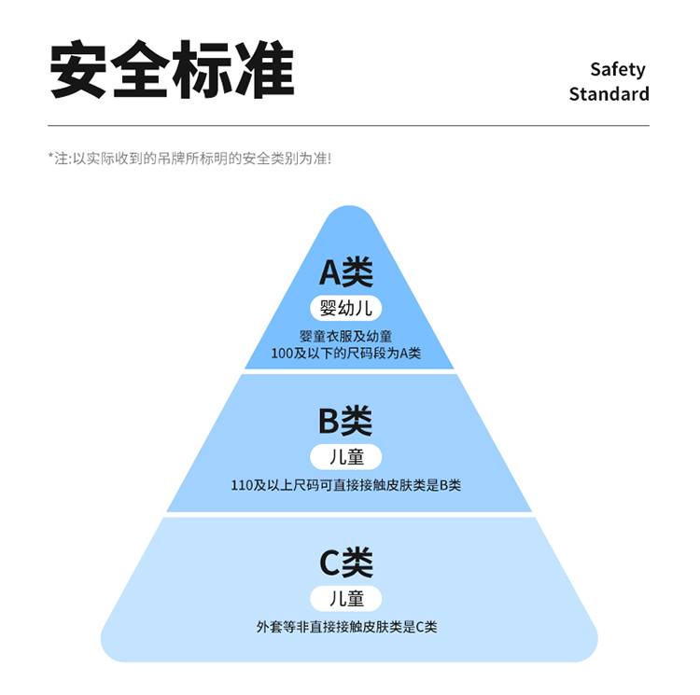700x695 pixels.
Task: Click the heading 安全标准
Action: (x=172, y=70)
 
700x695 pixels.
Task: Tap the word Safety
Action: (x=617, y=69)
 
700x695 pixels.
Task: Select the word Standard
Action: (x=609, y=94)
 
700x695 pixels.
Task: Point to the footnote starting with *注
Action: (x=189, y=159)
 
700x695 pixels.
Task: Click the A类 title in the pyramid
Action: (x=346, y=271)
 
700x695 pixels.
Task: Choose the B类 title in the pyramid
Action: (x=346, y=421)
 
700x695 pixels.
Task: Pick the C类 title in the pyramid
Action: (x=346, y=563)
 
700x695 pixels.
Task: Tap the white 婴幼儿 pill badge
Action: (x=346, y=308)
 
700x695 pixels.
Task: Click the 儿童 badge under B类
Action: (x=346, y=457)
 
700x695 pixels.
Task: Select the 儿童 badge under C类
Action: (x=346, y=598)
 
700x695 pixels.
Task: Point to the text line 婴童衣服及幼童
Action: (x=346, y=336)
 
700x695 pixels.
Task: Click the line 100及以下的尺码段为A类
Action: (x=346, y=354)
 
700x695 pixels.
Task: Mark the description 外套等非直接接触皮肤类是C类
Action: (x=346, y=627)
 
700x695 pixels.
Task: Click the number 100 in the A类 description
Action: (x=281, y=354)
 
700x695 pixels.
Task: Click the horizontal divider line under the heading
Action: (x=348, y=125)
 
